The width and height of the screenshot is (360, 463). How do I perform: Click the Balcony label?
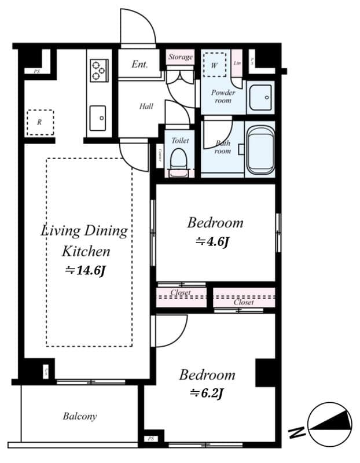(x=80, y=416)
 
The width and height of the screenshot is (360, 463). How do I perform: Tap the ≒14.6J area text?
(x=85, y=270)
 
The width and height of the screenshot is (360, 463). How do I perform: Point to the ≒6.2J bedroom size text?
(x=207, y=394)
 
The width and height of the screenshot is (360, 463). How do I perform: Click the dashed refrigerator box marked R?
(x=40, y=122)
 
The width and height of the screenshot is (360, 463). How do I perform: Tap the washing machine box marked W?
(x=215, y=65)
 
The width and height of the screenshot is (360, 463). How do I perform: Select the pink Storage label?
(x=181, y=57)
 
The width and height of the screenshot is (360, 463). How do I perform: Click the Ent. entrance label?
(x=139, y=64)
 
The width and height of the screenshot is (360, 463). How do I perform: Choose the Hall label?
(x=146, y=106)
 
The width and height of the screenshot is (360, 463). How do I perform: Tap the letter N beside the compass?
(x=297, y=432)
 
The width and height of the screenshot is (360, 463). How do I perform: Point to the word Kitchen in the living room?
(x=86, y=251)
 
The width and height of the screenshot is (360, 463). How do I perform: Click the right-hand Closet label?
(x=244, y=302)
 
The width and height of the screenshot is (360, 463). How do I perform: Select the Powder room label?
(x=222, y=96)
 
